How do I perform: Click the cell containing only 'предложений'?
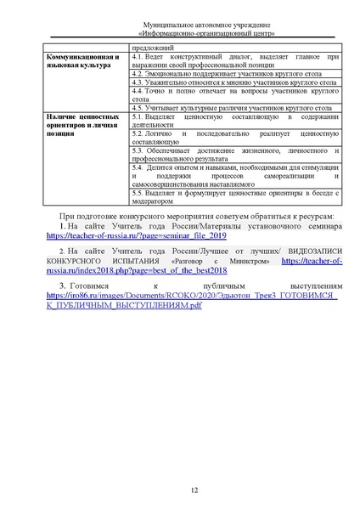coord(154,48)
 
